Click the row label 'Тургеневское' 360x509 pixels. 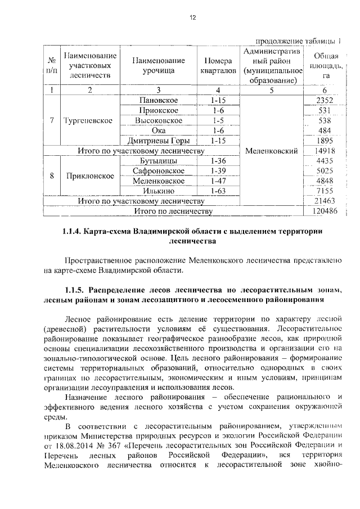[x=88, y=120]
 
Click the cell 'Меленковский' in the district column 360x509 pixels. [x=271, y=151]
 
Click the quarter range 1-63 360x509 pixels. [x=215, y=191]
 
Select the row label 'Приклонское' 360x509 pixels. [x=90, y=176]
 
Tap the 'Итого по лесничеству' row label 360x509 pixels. [x=173, y=211]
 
